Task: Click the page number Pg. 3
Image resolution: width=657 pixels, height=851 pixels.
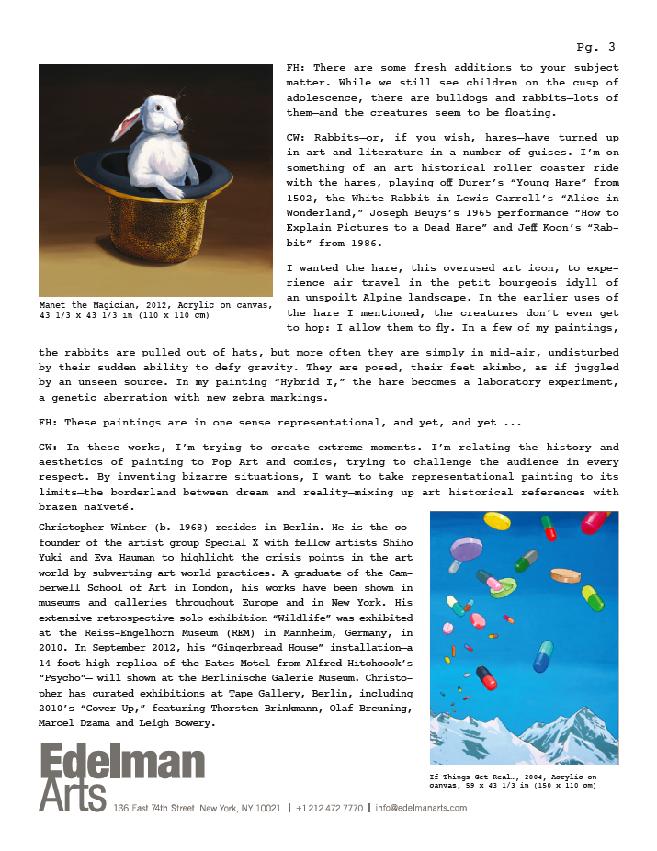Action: tap(595, 47)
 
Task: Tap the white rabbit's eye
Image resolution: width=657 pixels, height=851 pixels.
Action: tap(158, 108)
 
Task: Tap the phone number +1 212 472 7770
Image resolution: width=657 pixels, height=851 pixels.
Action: tap(329, 809)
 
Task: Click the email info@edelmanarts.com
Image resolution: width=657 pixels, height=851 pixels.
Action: tap(421, 809)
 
